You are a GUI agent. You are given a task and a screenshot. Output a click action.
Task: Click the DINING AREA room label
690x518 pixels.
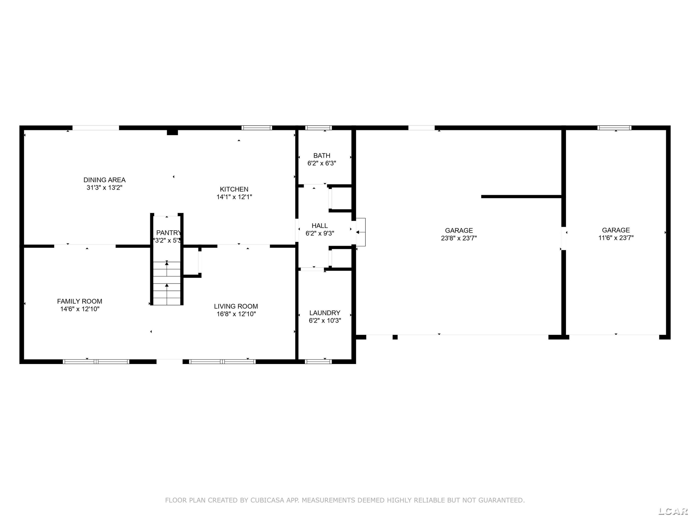click(104, 180)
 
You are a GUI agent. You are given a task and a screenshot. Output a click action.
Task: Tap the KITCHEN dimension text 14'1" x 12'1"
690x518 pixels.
click(234, 197)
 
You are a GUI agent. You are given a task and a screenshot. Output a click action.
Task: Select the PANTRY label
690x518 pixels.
click(168, 233)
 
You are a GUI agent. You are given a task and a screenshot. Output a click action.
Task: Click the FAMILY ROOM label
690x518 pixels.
click(80, 301)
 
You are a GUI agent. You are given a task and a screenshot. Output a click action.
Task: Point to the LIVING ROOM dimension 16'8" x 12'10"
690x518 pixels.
click(236, 314)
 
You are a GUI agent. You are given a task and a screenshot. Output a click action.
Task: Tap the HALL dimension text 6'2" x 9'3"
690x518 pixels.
click(320, 233)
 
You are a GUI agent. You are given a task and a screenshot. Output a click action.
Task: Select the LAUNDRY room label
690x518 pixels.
click(325, 313)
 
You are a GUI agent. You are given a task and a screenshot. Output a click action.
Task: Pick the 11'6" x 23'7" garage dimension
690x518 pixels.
click(616, 238)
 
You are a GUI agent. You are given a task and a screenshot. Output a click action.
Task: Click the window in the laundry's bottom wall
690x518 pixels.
click(318, 362)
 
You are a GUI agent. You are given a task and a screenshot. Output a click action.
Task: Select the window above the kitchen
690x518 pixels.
click(257, 128)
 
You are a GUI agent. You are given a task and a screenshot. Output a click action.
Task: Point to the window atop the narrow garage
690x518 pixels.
click(614, 128)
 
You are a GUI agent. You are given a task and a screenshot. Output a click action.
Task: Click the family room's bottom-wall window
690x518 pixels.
click(96, 362)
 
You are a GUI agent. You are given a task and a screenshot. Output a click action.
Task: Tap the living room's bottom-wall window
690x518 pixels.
click(222, 362)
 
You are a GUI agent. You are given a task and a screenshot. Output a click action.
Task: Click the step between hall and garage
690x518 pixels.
click(361, 232)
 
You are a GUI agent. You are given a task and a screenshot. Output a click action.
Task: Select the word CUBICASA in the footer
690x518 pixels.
click(267, 501)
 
